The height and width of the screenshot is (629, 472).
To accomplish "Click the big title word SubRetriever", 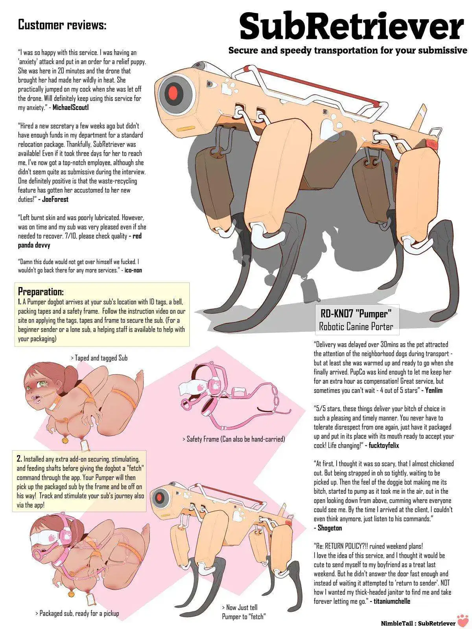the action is (352, 27).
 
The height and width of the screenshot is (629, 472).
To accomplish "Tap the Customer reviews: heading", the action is (62, 25).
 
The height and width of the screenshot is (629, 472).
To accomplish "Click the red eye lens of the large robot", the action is (173, 92).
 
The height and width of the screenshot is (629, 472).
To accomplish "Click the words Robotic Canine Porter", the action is (356, 326).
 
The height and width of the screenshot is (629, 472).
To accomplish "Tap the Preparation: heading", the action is (41, 291).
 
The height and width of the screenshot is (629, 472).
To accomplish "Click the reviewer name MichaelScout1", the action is (71, 107).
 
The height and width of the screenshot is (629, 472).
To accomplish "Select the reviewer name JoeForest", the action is (55, 199).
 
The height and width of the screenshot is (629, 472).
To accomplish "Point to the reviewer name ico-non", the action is (133, 270).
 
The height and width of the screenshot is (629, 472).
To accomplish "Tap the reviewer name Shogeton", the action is (330, 528).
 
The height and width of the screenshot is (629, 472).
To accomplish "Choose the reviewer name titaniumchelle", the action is (392, 601).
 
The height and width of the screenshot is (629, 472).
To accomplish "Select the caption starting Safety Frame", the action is (234, 439).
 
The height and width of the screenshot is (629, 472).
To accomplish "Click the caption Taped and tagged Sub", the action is (99, 358).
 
